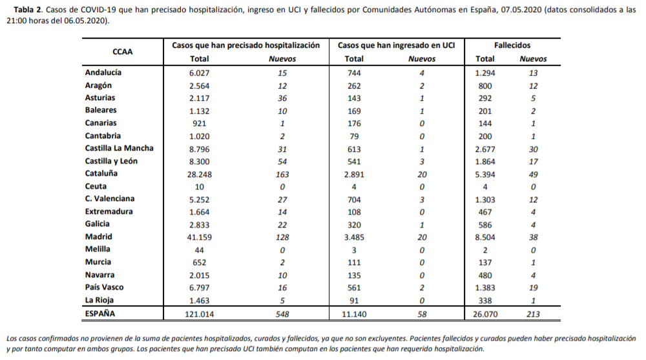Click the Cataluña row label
[101, 174]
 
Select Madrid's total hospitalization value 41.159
[200, 238]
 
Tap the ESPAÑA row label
[100, 313]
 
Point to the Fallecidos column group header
[512, 45]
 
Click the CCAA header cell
[122, 52]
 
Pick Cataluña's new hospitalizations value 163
[282, 175]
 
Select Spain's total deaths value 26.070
[485, 314]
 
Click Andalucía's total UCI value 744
[354, 73]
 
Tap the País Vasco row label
[104, 288]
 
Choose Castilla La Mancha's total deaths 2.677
[485, 149]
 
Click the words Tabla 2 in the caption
[28, 10]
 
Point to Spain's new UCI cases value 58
[422, 314]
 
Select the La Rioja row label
[99, 300]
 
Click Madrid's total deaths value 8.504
[485, 238]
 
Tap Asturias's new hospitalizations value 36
[282, 98]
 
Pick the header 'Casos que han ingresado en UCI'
[397, 45]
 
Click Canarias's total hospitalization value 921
[200, 123]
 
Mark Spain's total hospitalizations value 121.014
[200, 314]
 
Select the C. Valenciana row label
[110, 199]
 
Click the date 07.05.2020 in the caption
[521, 10]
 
